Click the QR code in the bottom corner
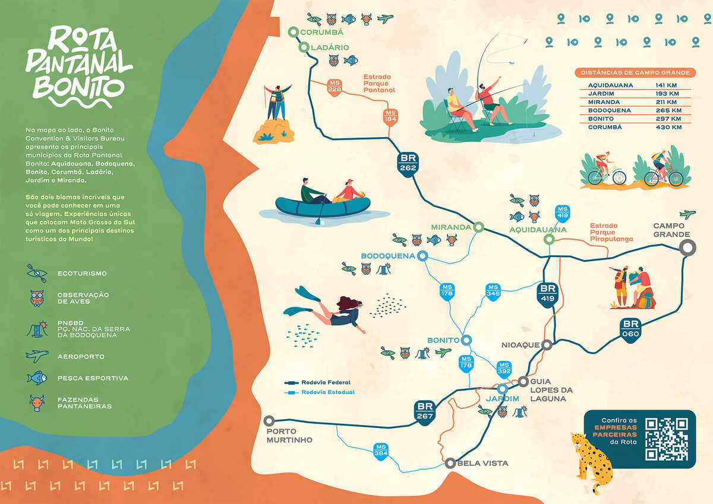coord(666,439)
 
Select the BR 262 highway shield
coord(409,162)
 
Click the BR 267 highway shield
coord(425,411)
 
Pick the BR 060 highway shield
coord(630,328)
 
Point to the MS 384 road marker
coord(381,451)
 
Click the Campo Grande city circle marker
coord(687,248)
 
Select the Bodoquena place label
coord(387,256)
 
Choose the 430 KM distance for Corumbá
coord(669,127)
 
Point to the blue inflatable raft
coord(323,204)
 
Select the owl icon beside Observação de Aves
coord(37,297)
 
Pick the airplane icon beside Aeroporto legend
coord(37,356)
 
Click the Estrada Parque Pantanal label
coord(378,83)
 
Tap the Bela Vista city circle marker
coord(450,463)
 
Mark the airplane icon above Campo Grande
coord(687,214)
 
